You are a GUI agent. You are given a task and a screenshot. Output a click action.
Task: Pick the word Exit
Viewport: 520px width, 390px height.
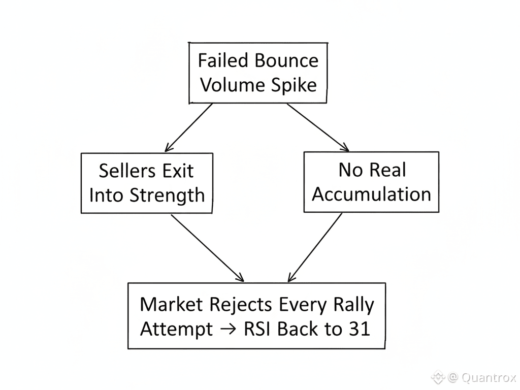[177, 171]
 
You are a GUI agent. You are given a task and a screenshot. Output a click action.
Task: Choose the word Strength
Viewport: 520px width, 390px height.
[168, 195]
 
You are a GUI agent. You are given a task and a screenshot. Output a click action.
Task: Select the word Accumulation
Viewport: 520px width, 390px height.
[371, 194]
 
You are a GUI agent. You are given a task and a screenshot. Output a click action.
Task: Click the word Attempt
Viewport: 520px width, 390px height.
[176, 329]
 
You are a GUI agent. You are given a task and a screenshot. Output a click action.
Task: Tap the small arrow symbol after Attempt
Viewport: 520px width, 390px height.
[229, 329]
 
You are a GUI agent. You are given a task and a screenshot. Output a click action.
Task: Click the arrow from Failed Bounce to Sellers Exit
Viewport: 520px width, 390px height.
[189, 127]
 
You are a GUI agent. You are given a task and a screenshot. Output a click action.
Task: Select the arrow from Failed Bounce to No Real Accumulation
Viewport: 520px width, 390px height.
[318, 127]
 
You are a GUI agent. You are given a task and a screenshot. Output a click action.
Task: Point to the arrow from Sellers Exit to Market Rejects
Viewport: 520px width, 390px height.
[207, 248]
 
